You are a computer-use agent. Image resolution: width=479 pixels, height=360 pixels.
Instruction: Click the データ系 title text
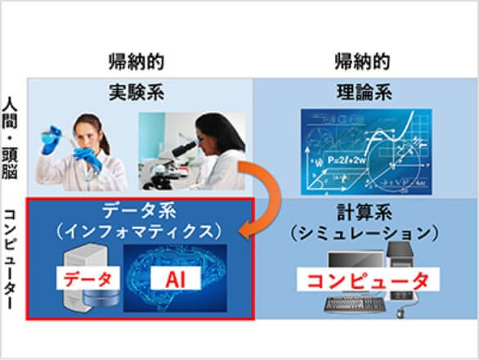click(141, 211)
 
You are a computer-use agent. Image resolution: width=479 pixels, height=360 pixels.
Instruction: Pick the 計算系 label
click(363, 211)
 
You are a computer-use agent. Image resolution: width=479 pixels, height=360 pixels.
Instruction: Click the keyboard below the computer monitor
click(351, 306)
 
